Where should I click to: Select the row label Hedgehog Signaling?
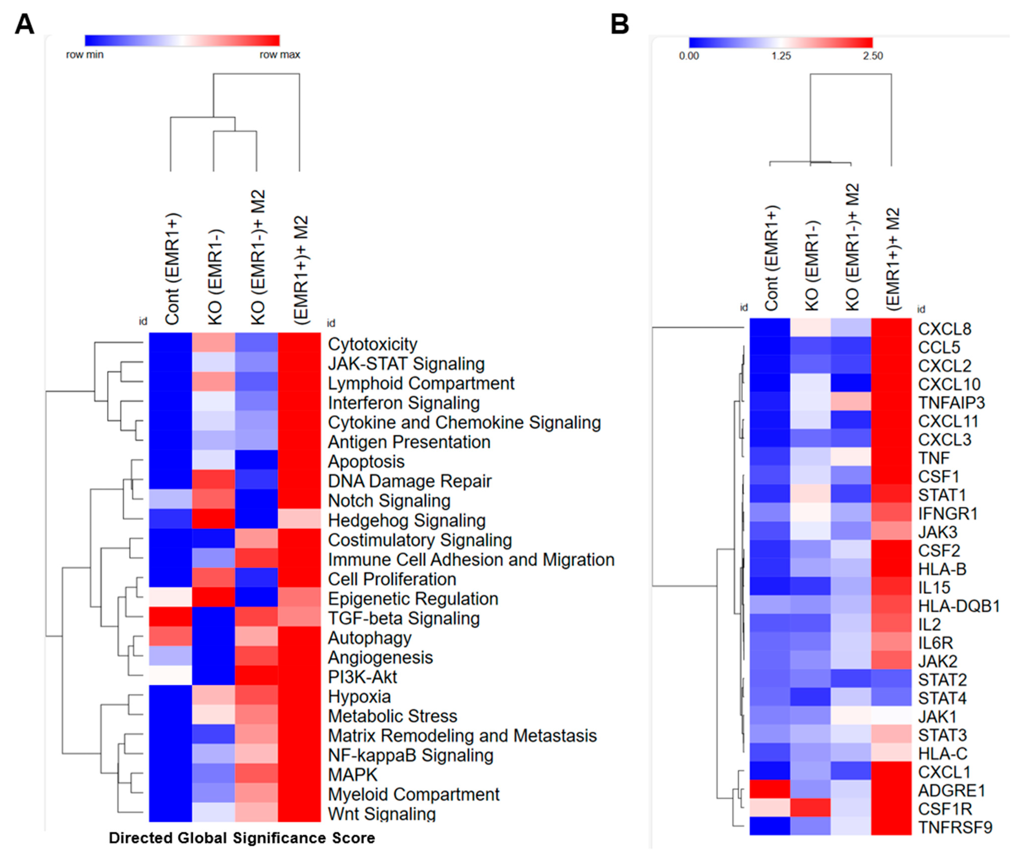(407, 520)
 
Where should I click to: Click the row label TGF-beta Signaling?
(404, 618)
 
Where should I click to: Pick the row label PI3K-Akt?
(362, 677)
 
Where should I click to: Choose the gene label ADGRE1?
(951, 791)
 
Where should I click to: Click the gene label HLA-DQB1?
(959, 606)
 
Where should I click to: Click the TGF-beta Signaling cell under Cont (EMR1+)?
(170, 617)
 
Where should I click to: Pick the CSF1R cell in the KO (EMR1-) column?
(811, 808)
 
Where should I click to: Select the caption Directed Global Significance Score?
(242, 838)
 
